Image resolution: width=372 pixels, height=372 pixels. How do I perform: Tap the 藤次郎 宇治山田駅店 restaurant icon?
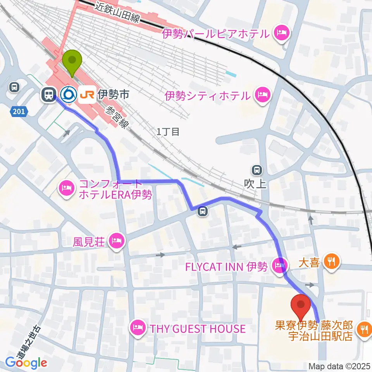click(x=363, y=330)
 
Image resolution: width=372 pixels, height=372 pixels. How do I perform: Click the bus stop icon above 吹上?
click(x=256, y=169)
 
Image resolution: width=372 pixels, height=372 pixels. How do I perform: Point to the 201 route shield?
click(x=20, y=112)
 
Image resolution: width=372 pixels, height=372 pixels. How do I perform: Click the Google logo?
click(x=26, y=363)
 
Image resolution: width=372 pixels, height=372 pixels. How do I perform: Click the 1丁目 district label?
click(x=168, y=132)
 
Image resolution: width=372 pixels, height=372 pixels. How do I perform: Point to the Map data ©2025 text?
click(x=339, y=366)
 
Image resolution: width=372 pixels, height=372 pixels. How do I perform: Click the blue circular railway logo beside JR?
click(x=69, y=94)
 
